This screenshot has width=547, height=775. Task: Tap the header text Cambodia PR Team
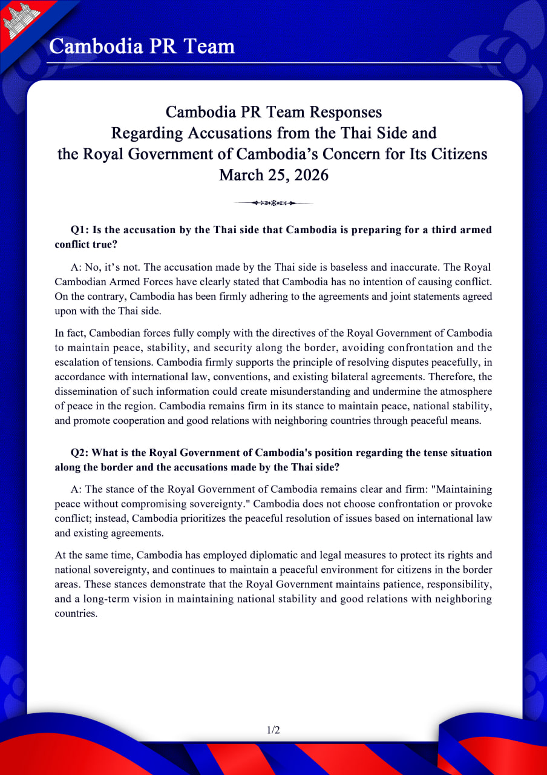click(x=142, y=46)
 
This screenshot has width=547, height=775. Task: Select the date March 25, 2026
click(x=273, y=175)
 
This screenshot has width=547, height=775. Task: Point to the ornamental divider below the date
click(x=273, y=203)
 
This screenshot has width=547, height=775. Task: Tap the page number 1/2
click(x=273, y=730)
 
